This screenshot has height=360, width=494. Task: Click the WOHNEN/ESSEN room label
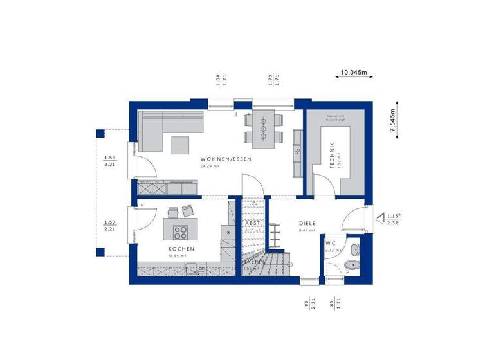tap(225, 159)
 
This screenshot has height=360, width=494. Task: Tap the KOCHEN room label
tap(181, 249)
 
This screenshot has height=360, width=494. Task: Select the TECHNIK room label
tap(332, 155)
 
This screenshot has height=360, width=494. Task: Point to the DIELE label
tap(307, 223)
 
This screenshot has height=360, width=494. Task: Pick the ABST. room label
tap(252, 223)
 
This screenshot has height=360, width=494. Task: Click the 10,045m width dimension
tap(354, 73)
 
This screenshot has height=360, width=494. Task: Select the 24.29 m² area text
tap(210, 166)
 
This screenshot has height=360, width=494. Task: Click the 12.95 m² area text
tap(178, 256)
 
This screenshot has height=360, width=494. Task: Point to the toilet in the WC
tap(350, 265)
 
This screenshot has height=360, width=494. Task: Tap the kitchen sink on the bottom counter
tap(192, 269)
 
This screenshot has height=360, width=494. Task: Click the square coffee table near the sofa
tap(181, 145)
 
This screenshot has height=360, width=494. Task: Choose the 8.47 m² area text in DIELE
tap(307, 230)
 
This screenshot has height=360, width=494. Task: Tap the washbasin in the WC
tap(354, 248)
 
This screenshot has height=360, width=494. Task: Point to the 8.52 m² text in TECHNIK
tap(340, 159)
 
